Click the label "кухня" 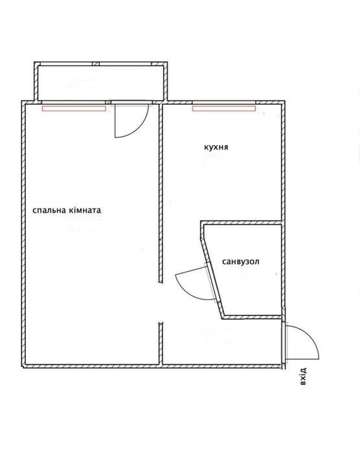coord(216,147)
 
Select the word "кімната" coord(85,210)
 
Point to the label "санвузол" coord(241,261)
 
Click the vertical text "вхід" coord(302,377)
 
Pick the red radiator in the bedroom coord(74,109)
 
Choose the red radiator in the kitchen coord(224,109)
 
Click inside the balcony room coord(100,83)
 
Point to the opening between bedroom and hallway coord(161,302)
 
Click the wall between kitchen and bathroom coord(241,223)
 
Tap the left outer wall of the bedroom coord(23,234)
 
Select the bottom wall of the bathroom coord(252,317)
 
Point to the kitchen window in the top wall coord(224,102)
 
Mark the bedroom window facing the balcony coord(74,102)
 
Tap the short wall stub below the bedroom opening coord(161,344)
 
